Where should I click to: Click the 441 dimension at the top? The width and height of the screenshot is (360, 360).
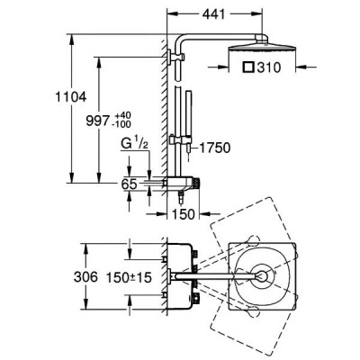[x=214, y=13]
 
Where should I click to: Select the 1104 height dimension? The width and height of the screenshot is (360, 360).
[x=71, y=97]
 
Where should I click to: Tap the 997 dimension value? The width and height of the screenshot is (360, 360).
[x=97, y=121]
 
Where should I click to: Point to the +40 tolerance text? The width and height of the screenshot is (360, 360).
[x=122, y=115]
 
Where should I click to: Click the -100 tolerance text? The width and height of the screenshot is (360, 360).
[x=122, y=123]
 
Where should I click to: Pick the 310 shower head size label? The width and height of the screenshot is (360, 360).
[x=269, y=67]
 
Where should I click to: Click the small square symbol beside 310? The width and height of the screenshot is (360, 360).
[x=248, y=67]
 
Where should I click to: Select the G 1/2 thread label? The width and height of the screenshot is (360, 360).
[x=134, y=144]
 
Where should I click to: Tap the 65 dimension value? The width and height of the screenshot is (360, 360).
[x=130, y=184]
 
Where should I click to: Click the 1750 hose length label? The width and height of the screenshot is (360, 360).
[x=215, y=148]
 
